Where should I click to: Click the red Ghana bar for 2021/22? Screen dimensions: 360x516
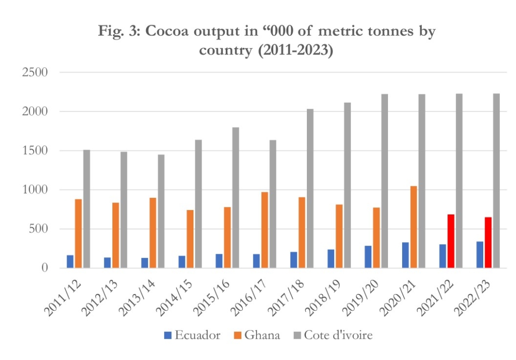[x=451, y=241]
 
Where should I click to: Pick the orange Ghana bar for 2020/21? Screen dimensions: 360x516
[x=414, y=227]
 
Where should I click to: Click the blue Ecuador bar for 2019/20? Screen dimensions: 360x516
[x=368, y=257]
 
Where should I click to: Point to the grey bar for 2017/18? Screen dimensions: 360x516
[x=310, y=188]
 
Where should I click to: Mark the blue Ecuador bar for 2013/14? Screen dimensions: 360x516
[x=145, y=263]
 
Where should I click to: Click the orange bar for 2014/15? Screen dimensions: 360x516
[x=190, y=239]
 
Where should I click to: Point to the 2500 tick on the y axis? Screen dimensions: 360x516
[x=35, y=72]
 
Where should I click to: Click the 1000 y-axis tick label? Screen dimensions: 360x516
[x=35, y=190]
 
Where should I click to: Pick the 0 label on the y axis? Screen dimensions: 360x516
[x=44, y=268]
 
